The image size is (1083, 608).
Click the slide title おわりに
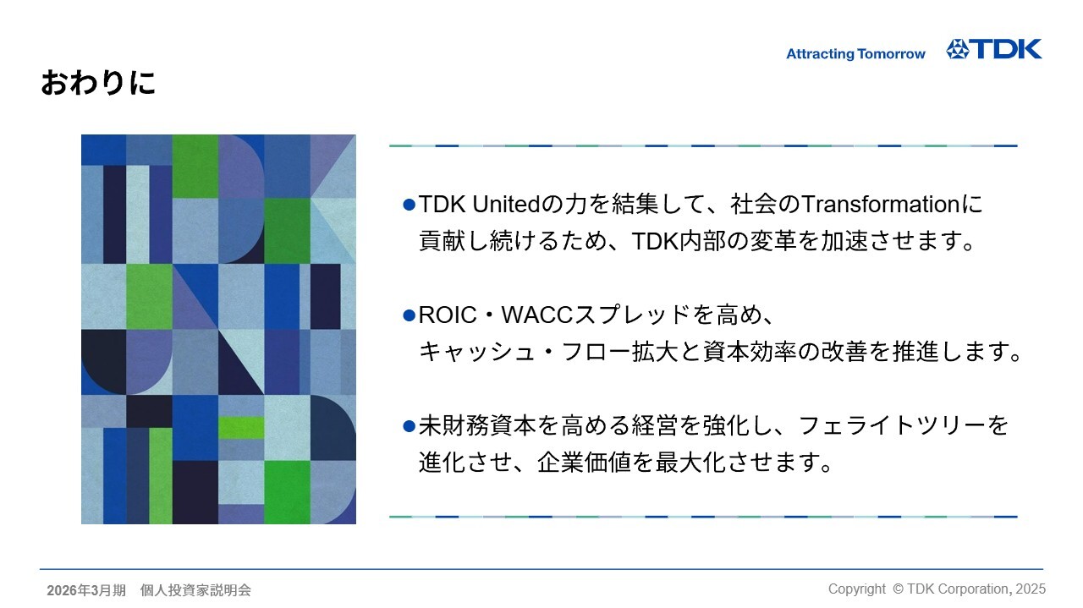(98, 82)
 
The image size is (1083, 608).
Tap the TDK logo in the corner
(994, 49)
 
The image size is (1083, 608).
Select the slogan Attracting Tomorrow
(855, 53)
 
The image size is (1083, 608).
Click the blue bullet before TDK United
(409, 205)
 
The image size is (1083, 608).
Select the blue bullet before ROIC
(409, 315)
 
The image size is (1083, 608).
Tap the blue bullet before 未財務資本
(409, 426)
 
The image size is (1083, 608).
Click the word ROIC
(448, 315)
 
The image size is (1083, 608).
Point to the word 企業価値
(584, 462)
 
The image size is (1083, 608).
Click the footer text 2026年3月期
(86, 590)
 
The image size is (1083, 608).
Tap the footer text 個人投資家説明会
(195, 590)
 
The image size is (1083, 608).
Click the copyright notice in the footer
(937, 589)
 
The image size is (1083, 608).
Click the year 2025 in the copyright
(1031, 589)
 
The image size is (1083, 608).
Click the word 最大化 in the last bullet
(690, 462)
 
